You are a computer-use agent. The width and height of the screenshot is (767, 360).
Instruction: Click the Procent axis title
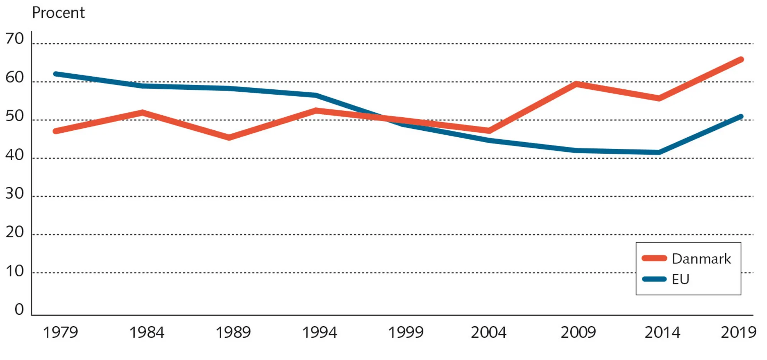(x=58, y=13)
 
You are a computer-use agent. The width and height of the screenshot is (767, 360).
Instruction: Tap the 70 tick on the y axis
(x=15, y=39)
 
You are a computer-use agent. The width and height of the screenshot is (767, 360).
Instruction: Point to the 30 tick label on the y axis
(x=15, y=194)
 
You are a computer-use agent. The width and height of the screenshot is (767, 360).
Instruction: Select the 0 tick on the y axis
(x=19, y=309)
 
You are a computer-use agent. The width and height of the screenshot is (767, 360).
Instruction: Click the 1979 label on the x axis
(x=60, y=332)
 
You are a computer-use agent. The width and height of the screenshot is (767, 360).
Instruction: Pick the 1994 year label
(x=319, y=332)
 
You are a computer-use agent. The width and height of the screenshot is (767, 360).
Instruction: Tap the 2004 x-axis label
(x=489, y=332)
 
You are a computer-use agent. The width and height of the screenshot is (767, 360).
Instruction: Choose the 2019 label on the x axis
(x=739, y=332)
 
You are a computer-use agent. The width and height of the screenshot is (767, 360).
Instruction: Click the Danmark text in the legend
(x=701, y=259)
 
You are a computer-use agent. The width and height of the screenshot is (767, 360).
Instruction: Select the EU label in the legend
(x=681, y=279)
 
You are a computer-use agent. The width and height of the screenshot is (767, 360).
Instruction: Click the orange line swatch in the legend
(x=654, y=258)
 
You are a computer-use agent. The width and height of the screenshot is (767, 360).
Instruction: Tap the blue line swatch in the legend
(x=654, y=279)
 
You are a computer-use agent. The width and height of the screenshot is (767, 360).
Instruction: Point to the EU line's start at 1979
(x=56, y=74)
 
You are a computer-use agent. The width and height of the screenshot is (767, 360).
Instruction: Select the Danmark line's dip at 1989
(x=229, y=137)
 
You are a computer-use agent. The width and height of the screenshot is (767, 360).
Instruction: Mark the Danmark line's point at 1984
(x=142, y=113)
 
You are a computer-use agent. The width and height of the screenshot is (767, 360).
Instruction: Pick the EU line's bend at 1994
(x=316, y=95)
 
